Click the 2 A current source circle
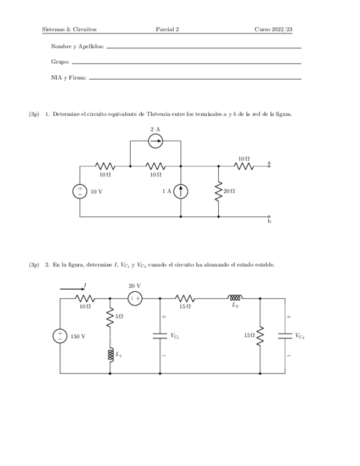[156, 141]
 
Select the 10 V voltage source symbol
[80, 191]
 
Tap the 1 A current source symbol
[181, 191]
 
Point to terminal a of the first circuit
[269, 165]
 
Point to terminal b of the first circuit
[269, 217]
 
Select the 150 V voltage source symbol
[60, 336]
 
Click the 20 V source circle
[135, 298]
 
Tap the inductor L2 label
[235, 306]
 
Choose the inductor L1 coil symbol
[110, 355]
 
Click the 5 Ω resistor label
[119, 317]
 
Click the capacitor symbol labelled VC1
[160, 336]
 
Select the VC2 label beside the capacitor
[299, 335]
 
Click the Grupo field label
[60, 63]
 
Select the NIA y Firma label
[69, 78]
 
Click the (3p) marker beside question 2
[34, 265]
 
